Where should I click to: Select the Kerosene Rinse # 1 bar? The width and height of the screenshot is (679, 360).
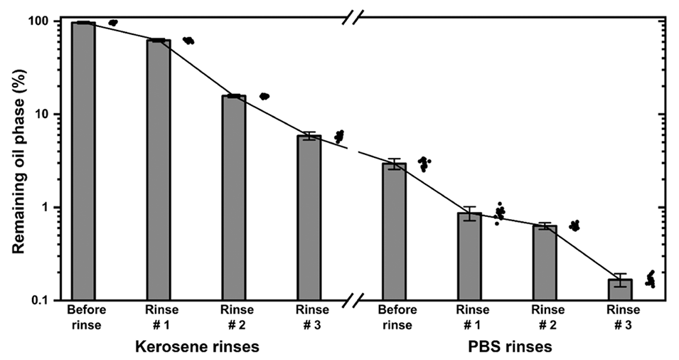(159, 170)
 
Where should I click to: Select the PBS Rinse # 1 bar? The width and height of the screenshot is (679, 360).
(469, 256)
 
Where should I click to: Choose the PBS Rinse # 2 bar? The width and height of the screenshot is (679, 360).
(545, 263)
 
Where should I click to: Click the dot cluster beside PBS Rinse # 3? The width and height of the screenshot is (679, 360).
(650, 278)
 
